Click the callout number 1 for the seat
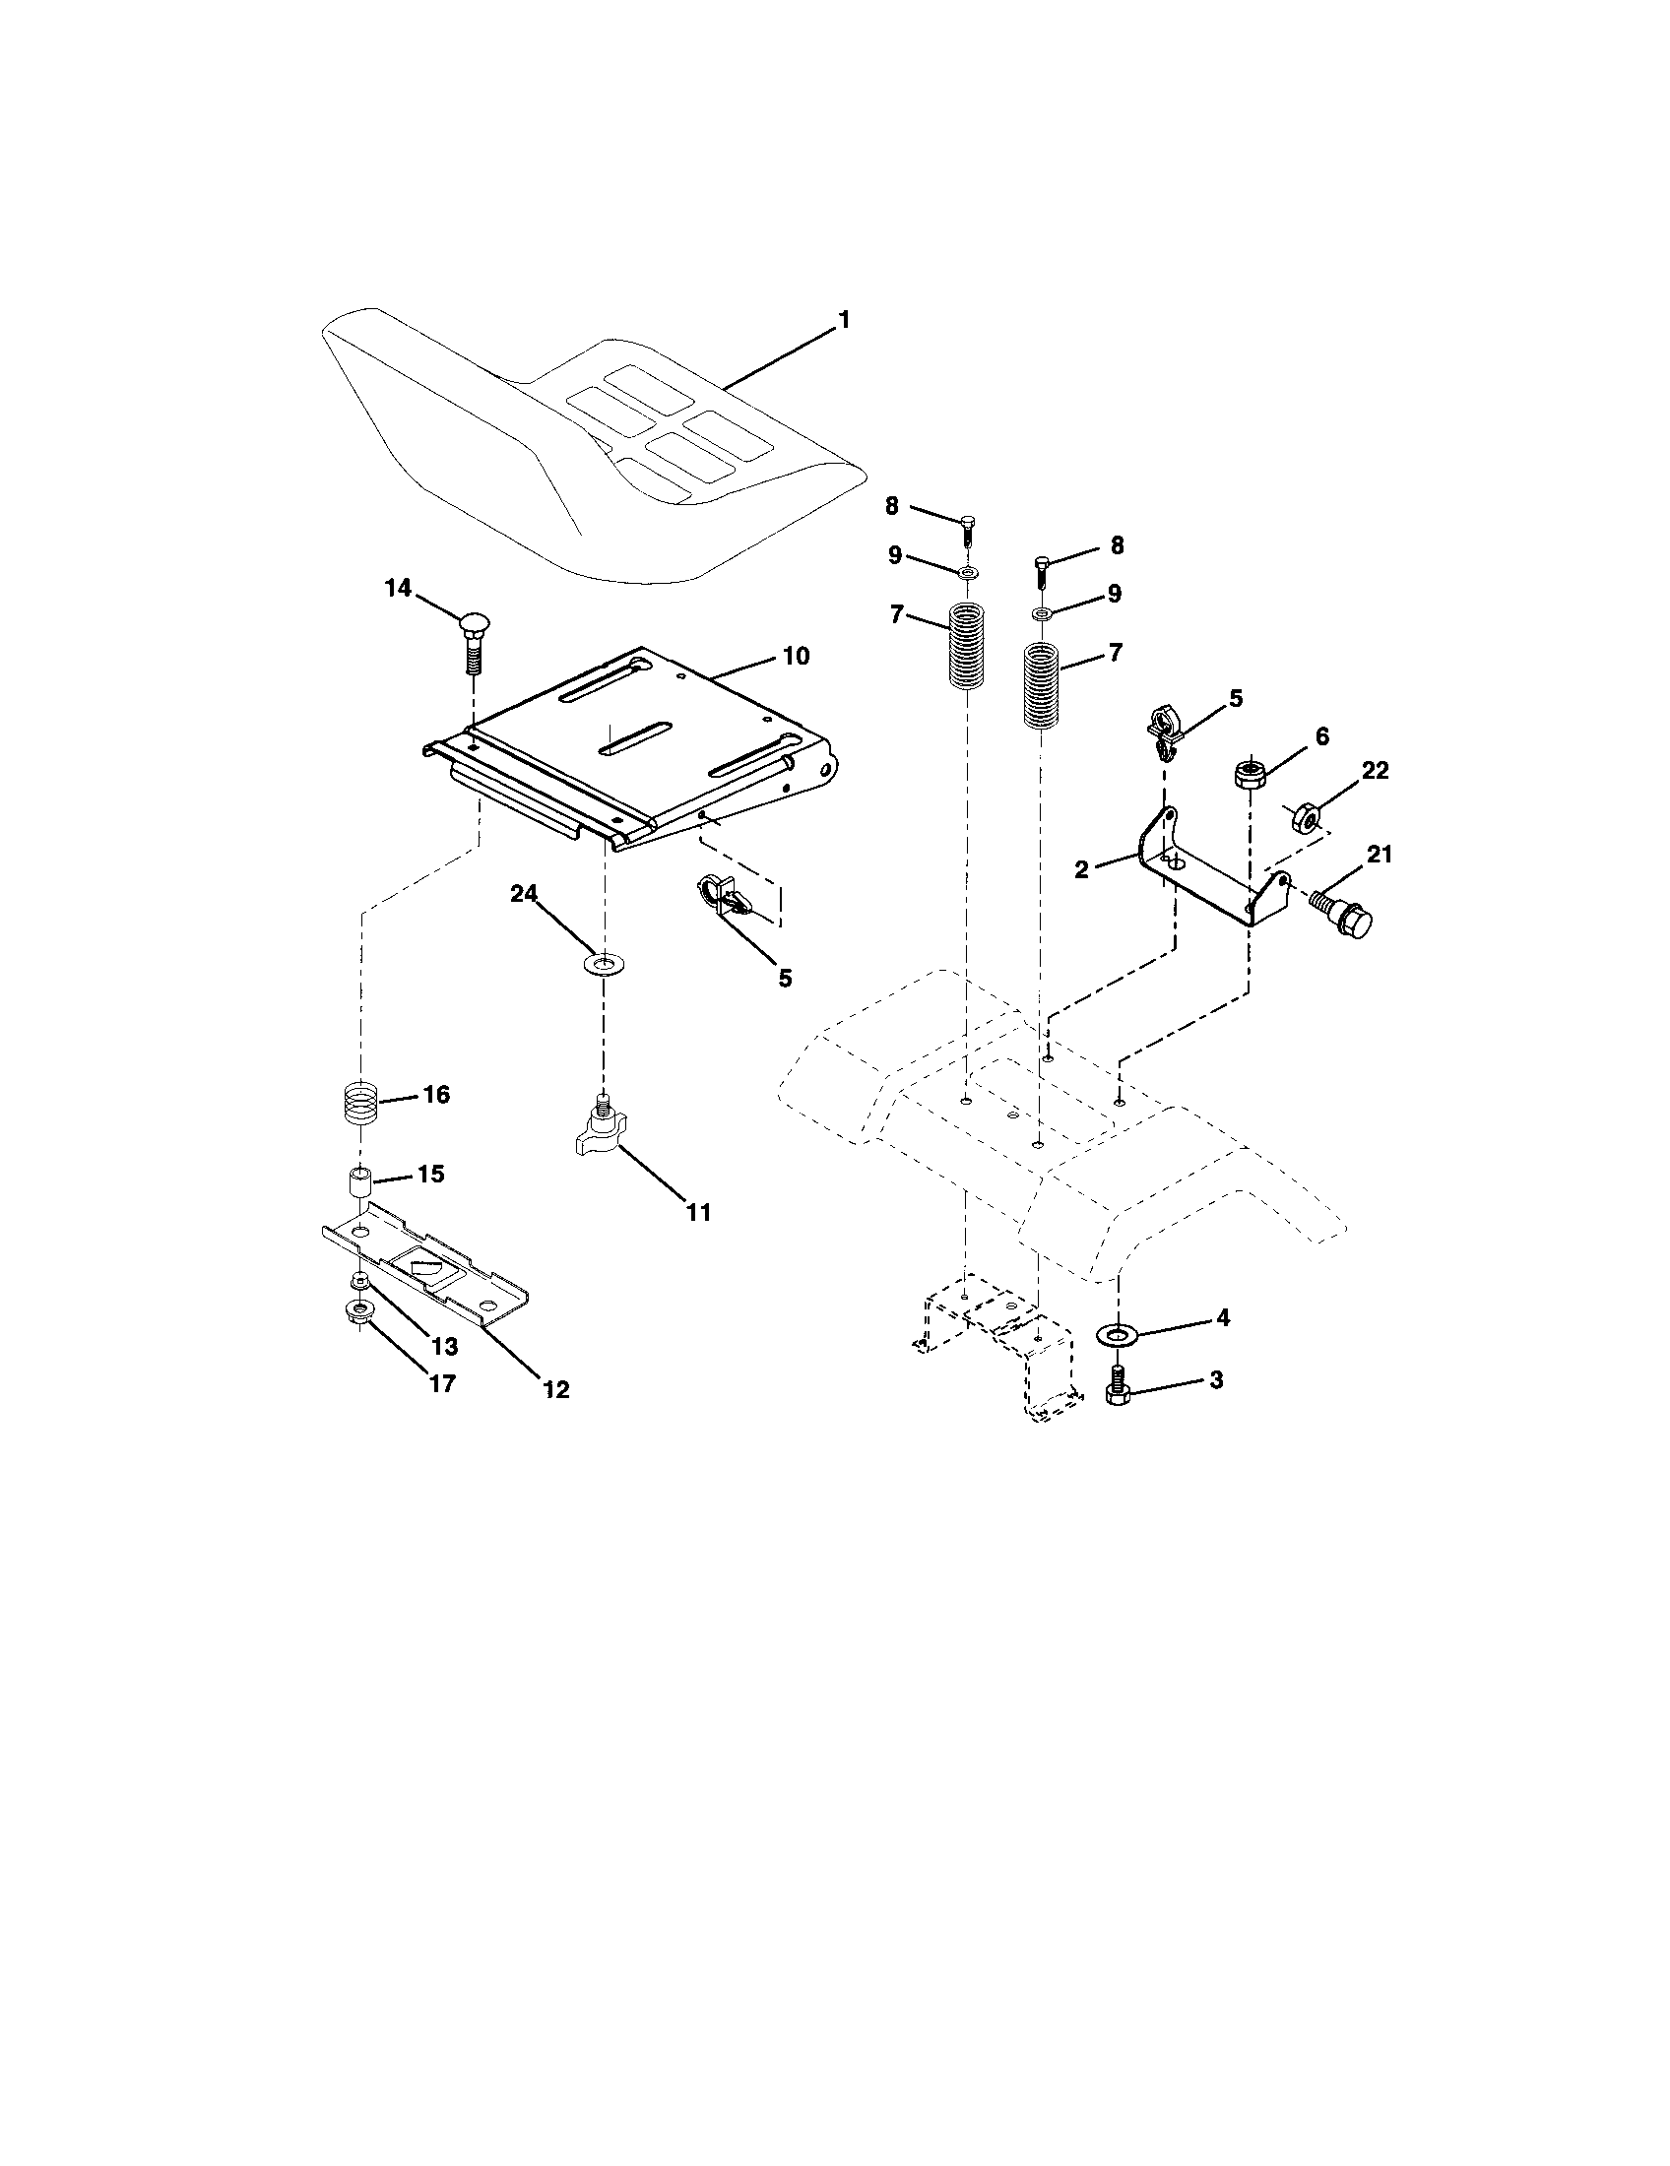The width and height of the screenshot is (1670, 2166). pyautogui.click(x=844, y=320)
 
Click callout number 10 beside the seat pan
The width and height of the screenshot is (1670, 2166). pyautogui.click(x=796, y=656)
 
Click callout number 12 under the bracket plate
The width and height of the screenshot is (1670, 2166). pyautogui.click(x=556, y=1389)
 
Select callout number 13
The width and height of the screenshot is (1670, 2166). pyautogui.click(x=444, y=1346)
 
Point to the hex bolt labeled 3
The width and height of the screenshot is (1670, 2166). pyautogui.click(x=1118, y=1382)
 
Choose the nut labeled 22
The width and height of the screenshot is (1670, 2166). pyautogui.click(x=1306, y=817)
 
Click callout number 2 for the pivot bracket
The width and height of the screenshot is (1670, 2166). pyautogui.click(x=1081, y=868)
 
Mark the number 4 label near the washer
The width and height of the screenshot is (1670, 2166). pyautogui.click(x=1222, y=1317)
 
